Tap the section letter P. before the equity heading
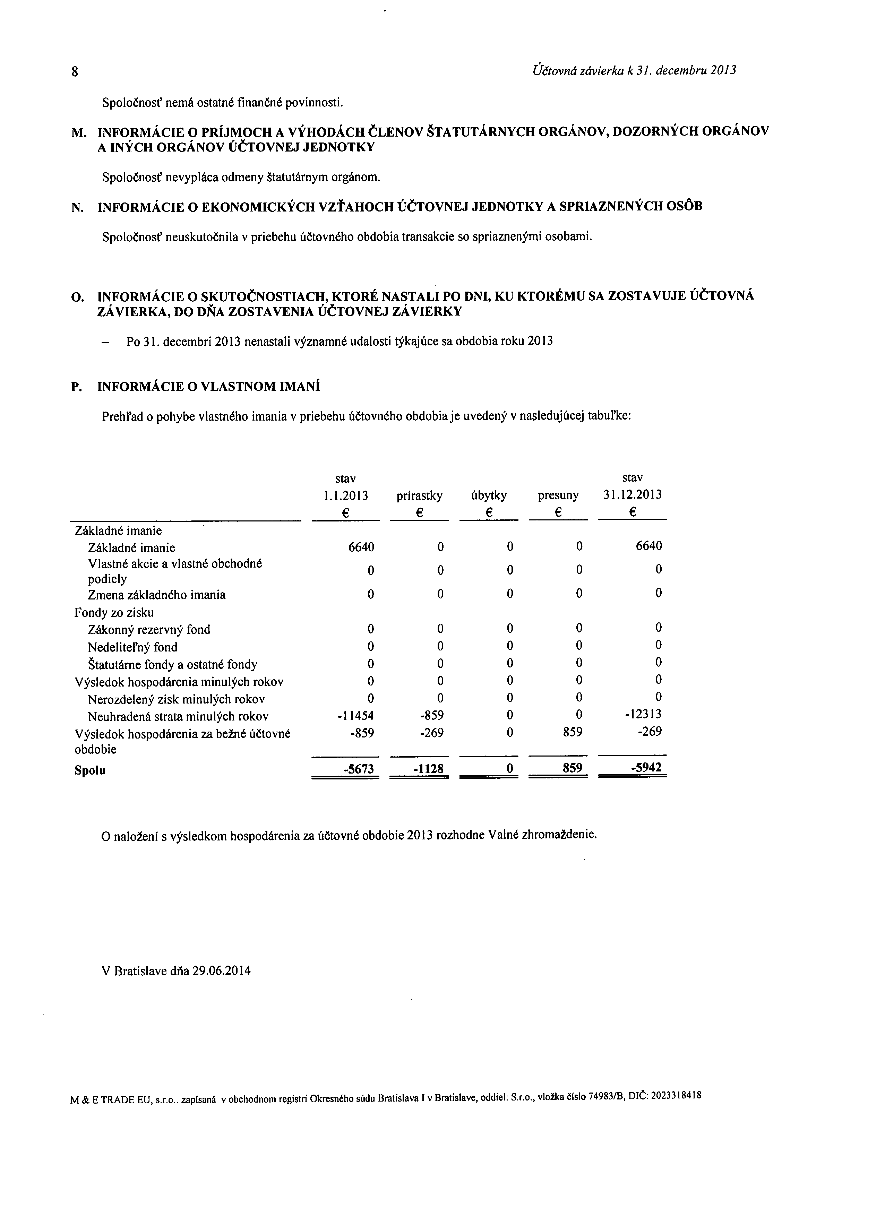click(77, 387)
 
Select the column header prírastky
click(419, 496)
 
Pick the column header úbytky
click(488, 496)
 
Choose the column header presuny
click(558, 496)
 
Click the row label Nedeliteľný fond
click(132, 647)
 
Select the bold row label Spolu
click(90, 770)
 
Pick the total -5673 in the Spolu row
click(359, 769)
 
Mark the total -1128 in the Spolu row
click(428, 769)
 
